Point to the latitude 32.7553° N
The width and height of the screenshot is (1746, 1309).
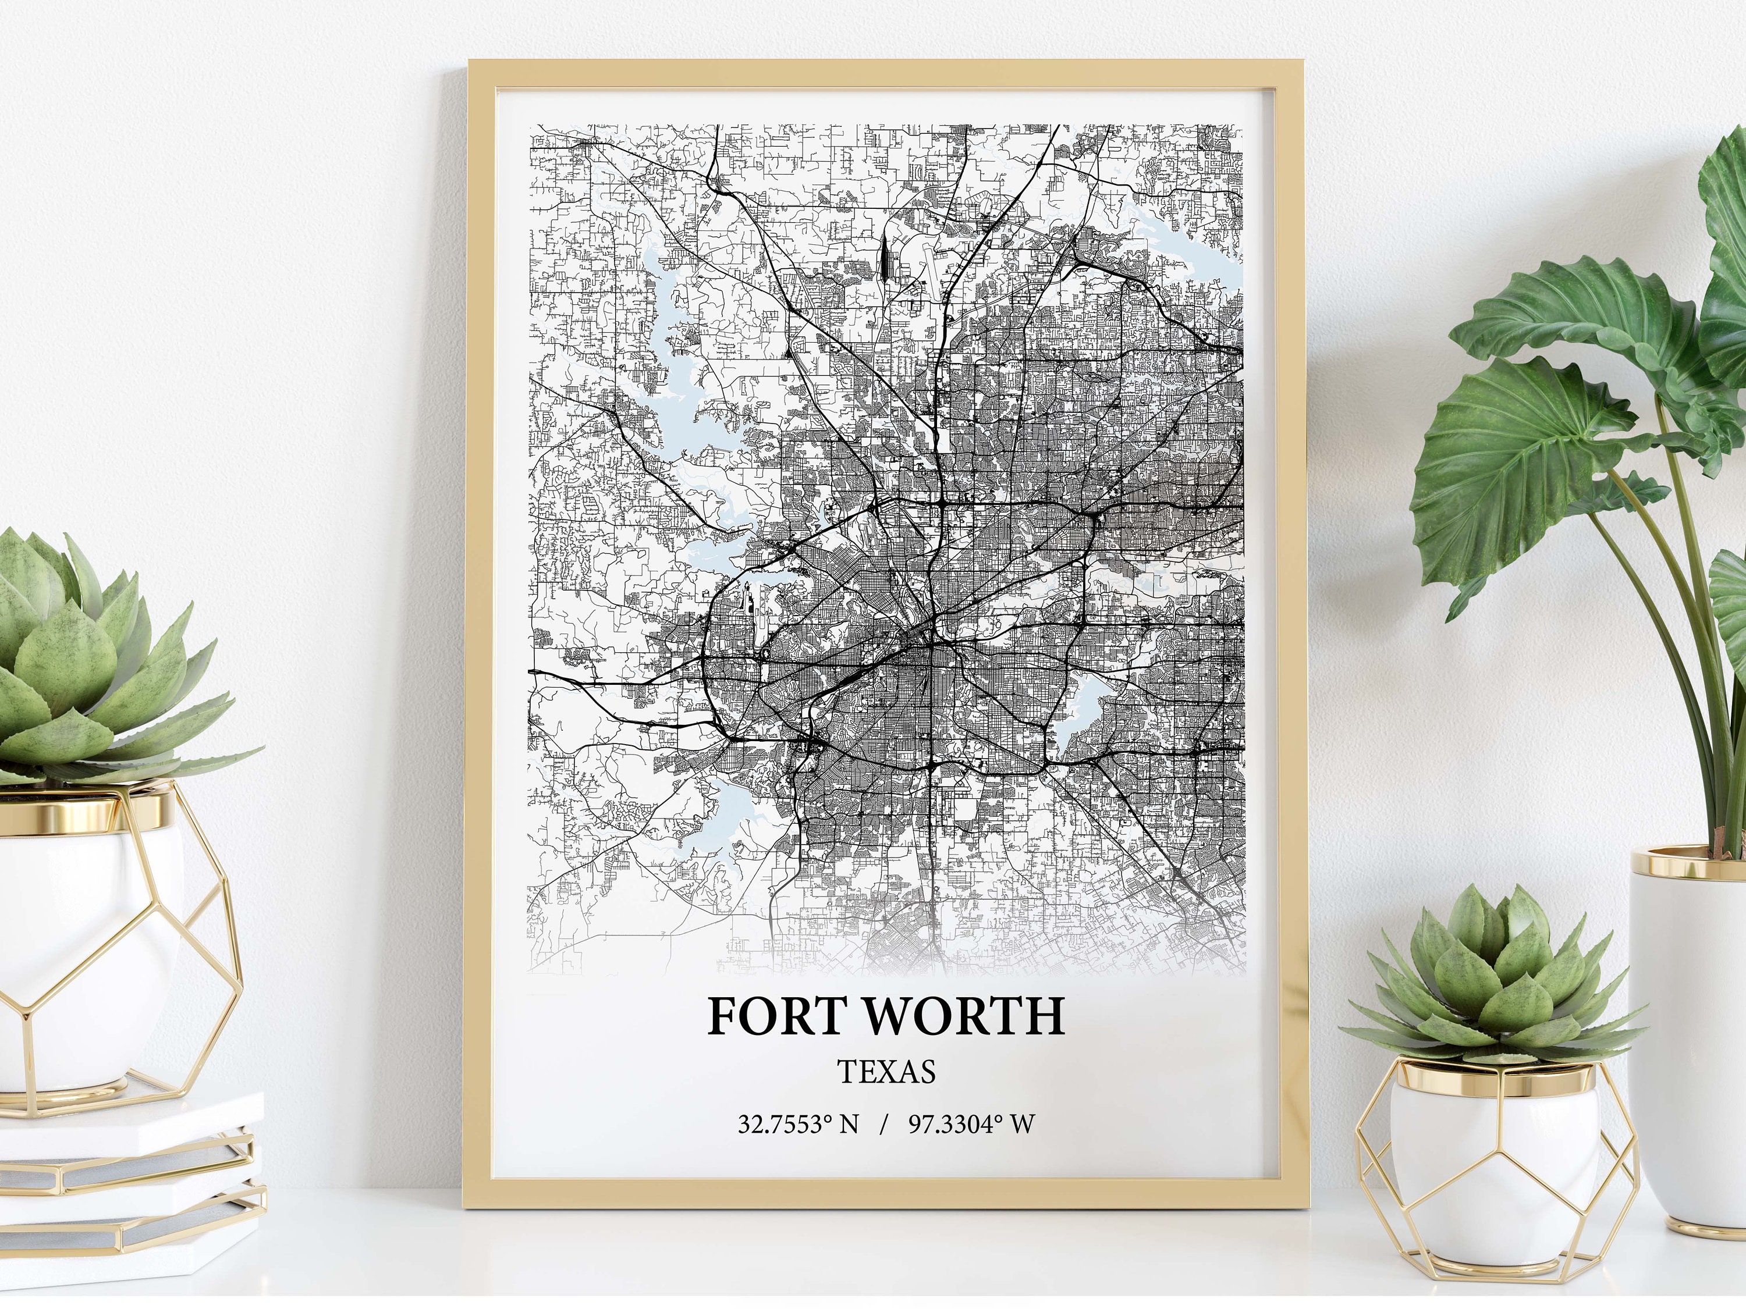797,1123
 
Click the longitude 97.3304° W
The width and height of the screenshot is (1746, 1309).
971,1123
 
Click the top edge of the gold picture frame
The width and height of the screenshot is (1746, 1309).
884,73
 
